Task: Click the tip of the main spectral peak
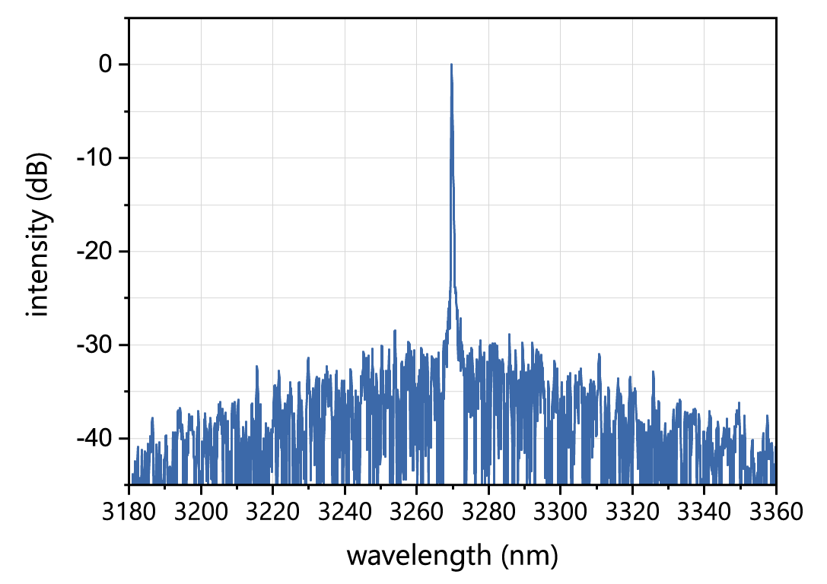(451, 65)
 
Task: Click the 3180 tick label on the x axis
(129, 512)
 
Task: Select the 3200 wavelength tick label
(201, 512)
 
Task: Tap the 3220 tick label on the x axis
(273, 512)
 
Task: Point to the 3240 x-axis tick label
(345, 512)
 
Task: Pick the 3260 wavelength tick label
(416, 512)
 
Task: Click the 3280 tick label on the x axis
(488, 512)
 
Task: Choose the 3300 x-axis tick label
(560, 512)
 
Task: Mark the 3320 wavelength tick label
(632, 512)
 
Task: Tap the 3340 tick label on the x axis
(704, 512)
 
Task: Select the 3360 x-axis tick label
(775, 512)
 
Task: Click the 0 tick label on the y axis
(104, 65)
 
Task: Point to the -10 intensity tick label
(95, 158)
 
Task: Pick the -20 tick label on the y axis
(95, 252)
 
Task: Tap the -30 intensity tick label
(95, 345)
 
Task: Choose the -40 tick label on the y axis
(95, 439)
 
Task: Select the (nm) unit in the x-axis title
(529, 556)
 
